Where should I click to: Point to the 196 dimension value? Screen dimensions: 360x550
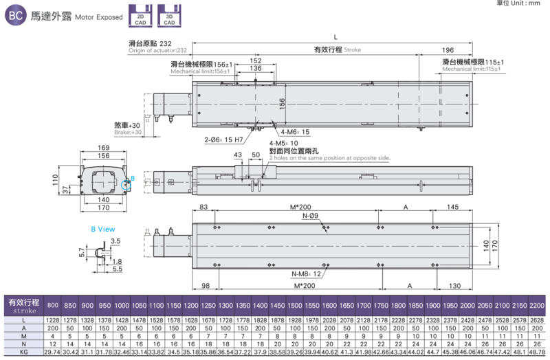point(448,50)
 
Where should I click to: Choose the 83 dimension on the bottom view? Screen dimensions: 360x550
point(203,207)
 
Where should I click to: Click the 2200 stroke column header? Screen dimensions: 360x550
point(537,304)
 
